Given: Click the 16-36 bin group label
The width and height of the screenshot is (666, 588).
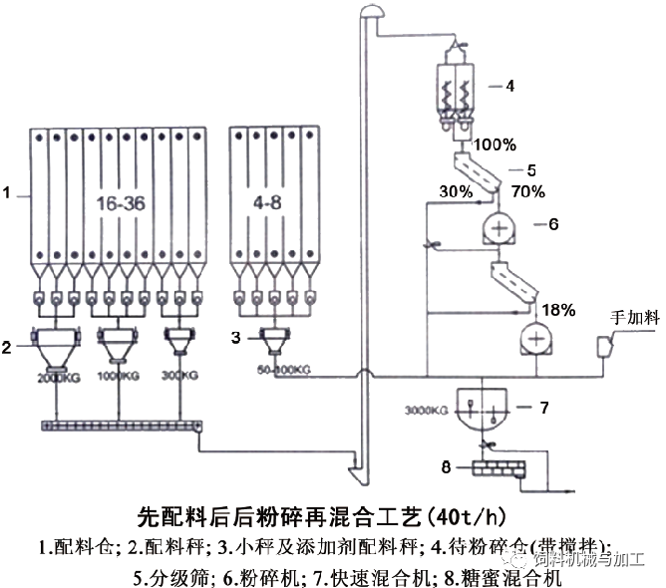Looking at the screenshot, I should (x=122, y=203).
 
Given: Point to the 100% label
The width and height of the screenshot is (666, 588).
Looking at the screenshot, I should (x=495, y=146).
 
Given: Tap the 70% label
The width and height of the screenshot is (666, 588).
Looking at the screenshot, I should (x=527, y=191).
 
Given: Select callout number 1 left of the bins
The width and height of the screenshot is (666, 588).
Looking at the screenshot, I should (x=8, y=196).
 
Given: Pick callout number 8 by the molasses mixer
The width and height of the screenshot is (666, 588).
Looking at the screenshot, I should (x=448, y=464).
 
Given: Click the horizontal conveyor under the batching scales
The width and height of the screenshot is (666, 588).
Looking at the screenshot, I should (x=120, y=426).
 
